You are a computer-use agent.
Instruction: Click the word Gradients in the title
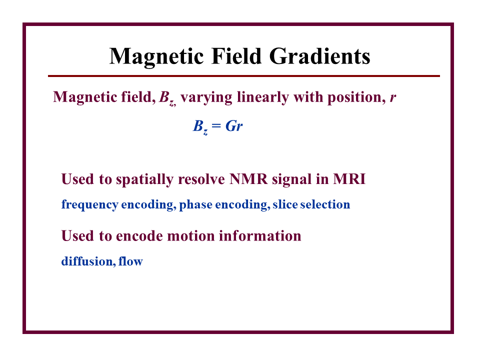tap(319, 57)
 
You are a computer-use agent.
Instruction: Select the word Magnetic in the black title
tap(156, 57)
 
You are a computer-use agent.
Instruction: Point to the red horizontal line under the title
tap(243, 76)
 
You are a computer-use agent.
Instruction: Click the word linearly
tap(262, 97)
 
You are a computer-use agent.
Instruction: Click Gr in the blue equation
tap(234, 126)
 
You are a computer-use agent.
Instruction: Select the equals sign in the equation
tap(216, 126)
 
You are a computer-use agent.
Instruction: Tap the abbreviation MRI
tap(349, 179)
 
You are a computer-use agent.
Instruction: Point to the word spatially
tap(144, 179)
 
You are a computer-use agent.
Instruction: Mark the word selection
tap(325, 204)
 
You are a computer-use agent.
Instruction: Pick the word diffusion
tap(88, 261)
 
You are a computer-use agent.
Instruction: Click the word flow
tap(130, 261)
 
